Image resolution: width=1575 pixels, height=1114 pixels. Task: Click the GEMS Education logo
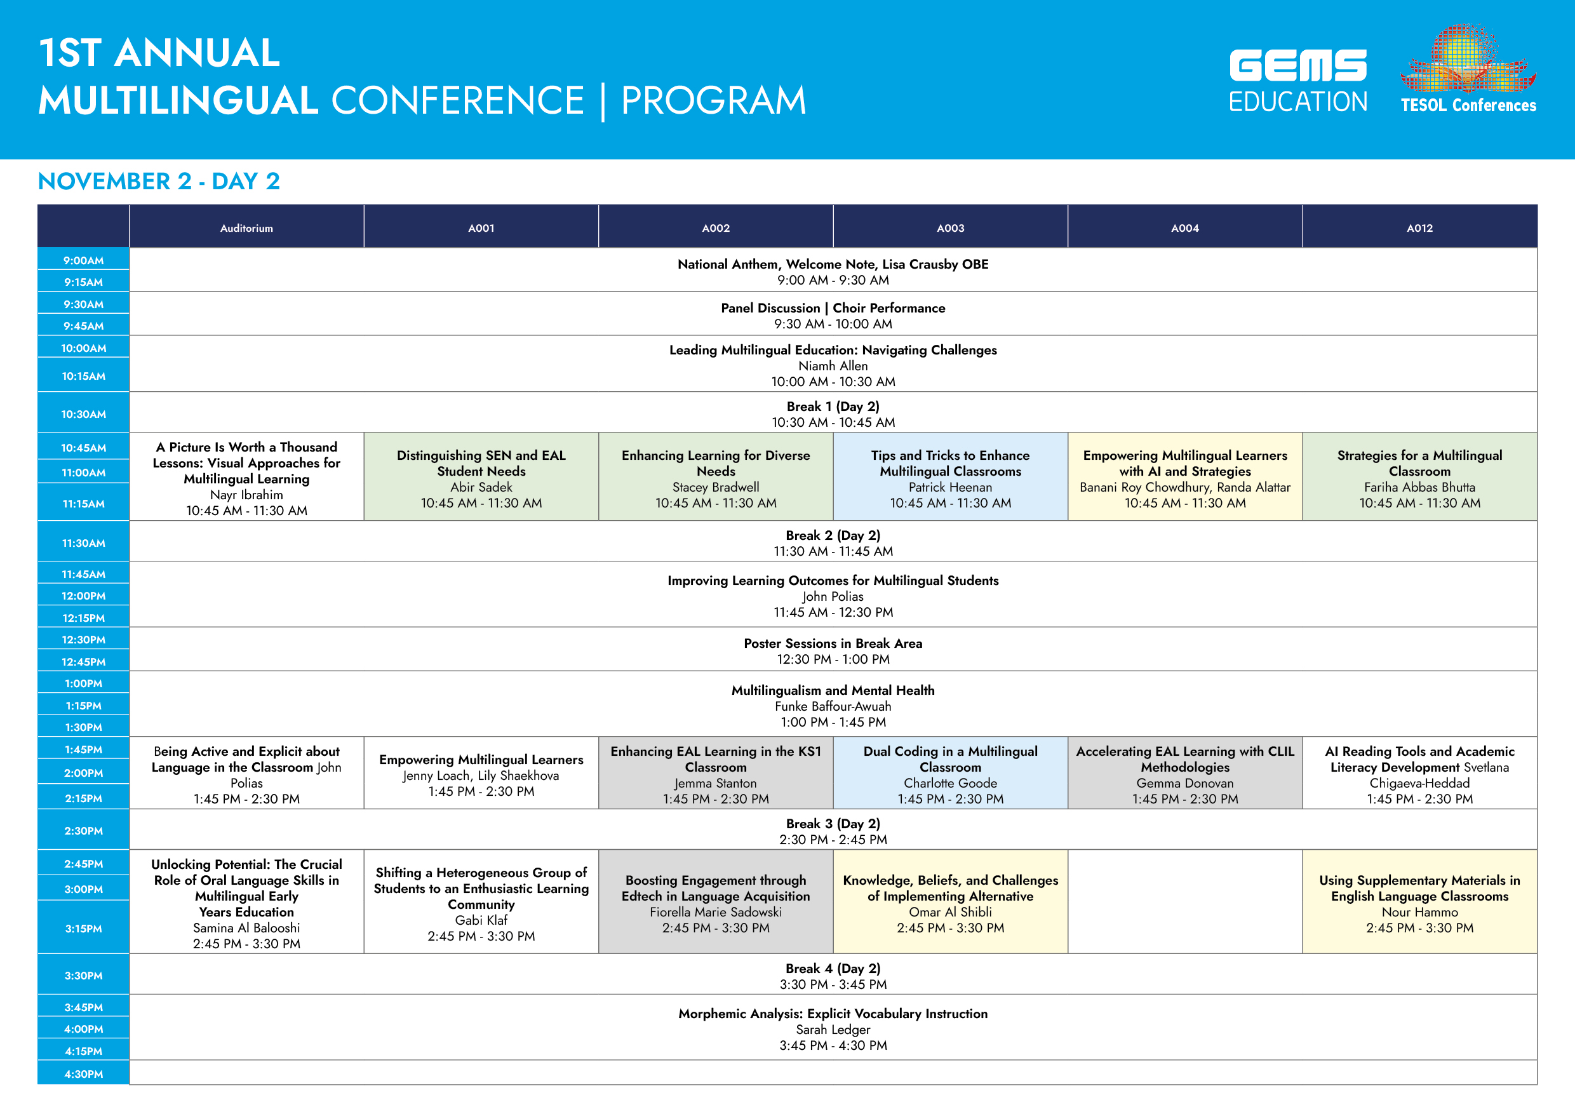(x=1298, y=80)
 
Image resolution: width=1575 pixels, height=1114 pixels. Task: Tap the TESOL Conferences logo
(x=1468, y=69)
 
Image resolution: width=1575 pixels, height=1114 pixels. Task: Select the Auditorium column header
(x=246, y=228)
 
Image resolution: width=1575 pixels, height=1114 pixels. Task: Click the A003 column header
(x=950, y=228)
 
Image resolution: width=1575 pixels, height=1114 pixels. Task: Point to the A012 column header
(x=1419, y=228)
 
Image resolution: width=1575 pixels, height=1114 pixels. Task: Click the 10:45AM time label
(x=84, y=448)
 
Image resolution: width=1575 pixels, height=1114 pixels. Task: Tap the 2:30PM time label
(x=84, y=831)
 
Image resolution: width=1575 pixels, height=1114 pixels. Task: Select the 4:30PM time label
(x=84, y=1073)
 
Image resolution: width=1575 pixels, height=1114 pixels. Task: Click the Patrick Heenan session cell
(x=950, y=477)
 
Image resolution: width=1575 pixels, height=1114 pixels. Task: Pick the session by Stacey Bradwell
(x=716, y=477)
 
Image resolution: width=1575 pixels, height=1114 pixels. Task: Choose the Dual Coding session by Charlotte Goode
(x=950, y=773)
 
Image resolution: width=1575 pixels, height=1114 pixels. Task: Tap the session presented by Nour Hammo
(x=1419, y=902)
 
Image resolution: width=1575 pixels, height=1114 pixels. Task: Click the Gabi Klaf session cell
(x=481, y=902)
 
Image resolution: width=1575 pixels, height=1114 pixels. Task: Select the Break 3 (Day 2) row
(x=833, y=830)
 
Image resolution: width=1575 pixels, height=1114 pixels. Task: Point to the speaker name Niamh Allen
(x=833, y=366)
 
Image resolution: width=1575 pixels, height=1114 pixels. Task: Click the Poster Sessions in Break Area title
(x=833, y=643)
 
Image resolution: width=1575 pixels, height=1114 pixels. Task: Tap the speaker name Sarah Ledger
(x=833, y=1030)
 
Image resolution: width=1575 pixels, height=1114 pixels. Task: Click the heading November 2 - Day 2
(x=159, y=181)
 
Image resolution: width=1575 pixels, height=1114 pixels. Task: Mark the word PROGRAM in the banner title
(x=713, y=100)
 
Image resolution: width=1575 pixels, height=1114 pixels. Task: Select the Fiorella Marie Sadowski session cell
(x=716, y=902)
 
